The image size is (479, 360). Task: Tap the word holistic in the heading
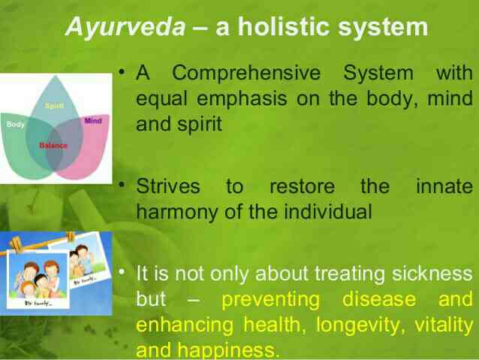[x=284, y=26]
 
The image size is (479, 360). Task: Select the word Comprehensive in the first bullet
[x=246, y=74]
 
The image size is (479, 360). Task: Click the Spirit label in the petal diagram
[x=54, y=106]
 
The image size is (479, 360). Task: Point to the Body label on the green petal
[x=15, y=125]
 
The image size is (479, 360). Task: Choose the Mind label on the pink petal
[x=93, y=121]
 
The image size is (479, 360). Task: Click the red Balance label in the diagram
[x=53, y=146]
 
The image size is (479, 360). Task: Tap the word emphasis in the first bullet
[x=242, y=100]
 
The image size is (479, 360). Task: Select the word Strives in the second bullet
[x=168, y=186]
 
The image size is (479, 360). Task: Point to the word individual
[x=328, y=211]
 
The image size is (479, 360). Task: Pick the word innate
[x=444, y=186]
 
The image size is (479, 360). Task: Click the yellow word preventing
[x=271, y=300]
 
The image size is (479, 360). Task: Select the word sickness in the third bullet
[x=432, y=273]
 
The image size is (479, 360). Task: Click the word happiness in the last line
[x=228, y=350]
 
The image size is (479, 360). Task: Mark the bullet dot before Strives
[x=122, y=184]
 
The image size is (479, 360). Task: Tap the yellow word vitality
[x=444, y=325]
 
